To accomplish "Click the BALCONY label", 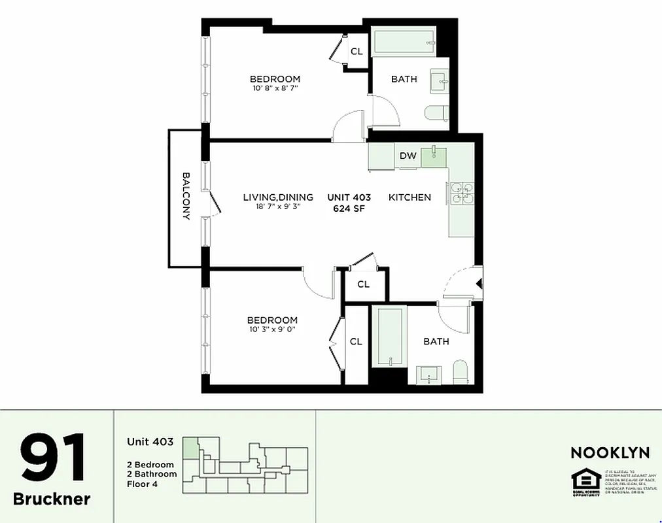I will point(186,196).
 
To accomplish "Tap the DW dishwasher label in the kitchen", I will point(408,156).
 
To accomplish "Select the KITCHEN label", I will point(409,197).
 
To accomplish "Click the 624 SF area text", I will point(349,209).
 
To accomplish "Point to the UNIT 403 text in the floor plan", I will point(349,197).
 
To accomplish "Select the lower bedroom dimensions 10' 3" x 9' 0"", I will point(272,329).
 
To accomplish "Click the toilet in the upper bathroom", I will point(436,114).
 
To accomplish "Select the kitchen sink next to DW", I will point(433,156).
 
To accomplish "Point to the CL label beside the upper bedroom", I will point(357,52).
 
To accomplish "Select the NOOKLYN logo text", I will point(610,452).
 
